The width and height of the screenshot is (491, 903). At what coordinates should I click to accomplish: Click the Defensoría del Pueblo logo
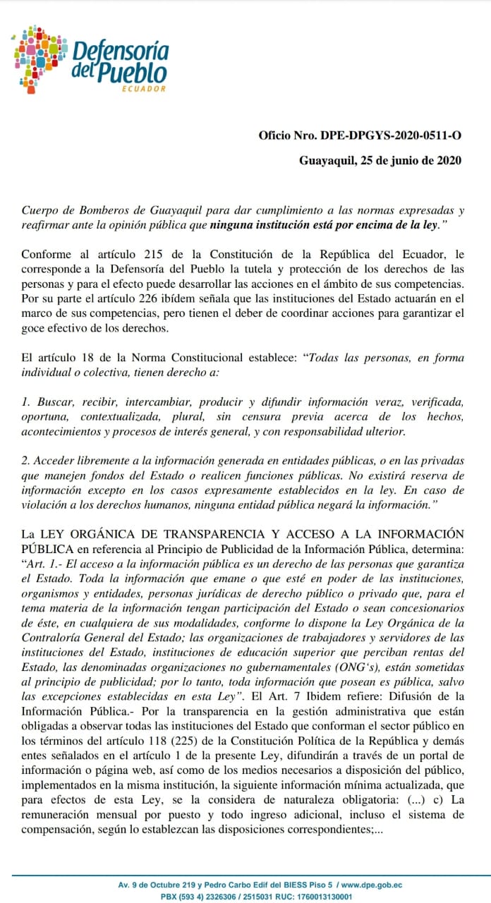91,59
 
